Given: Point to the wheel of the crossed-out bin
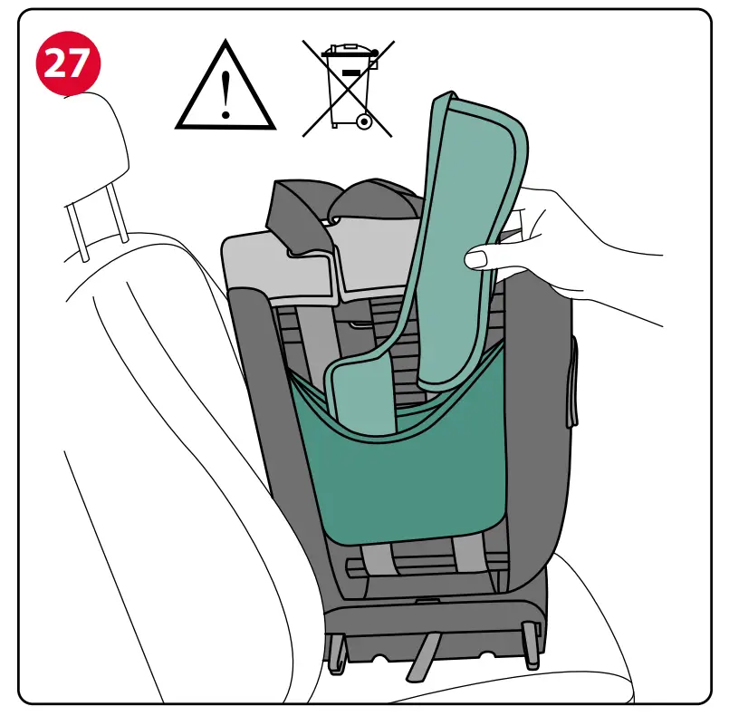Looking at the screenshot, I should (363, 120).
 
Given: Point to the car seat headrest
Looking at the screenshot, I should (95, 154).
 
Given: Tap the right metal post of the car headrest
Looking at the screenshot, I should (117, 223).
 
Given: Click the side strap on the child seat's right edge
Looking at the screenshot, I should (571, 385).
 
